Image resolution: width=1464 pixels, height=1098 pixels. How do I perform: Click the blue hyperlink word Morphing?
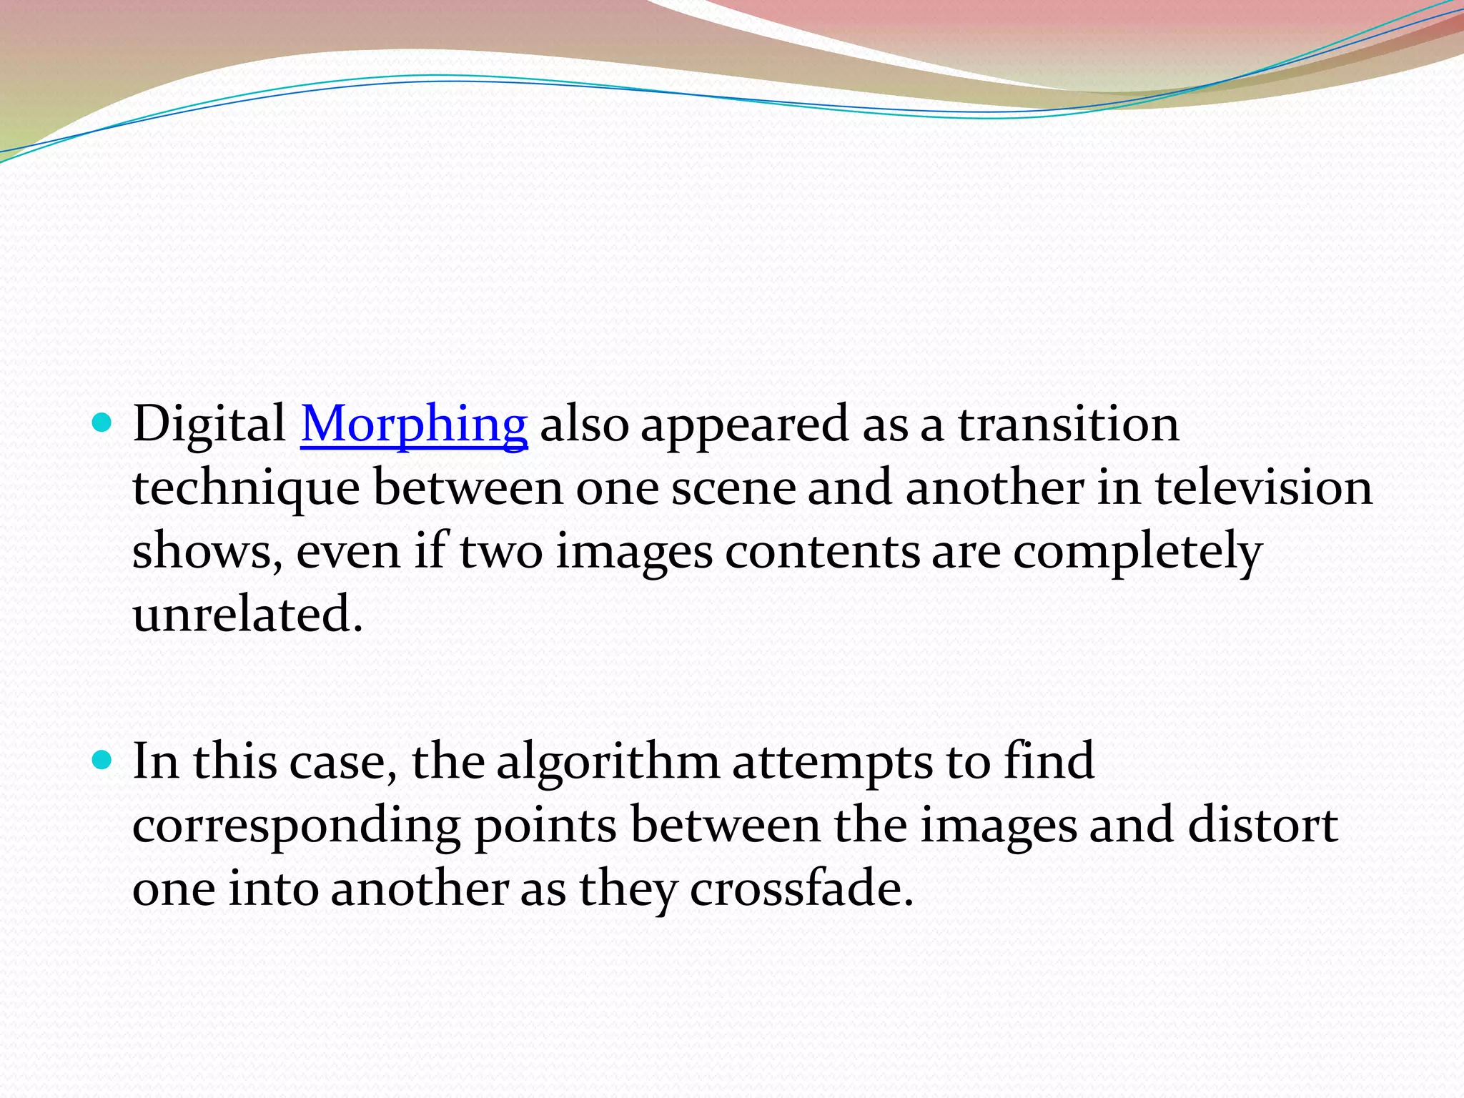[x=414, y=425]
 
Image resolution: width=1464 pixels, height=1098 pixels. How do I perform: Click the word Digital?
[x=209, y=425]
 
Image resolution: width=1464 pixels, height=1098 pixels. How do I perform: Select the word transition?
[x=1068, y=425]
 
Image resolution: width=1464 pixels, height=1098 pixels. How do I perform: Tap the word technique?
[x=246, y=489]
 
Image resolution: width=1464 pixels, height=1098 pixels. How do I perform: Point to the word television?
[x=1263, y=488]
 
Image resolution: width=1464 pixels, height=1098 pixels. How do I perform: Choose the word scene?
[x=733, y=489]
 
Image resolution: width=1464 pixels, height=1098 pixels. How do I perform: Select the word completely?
[x=1137, y=553]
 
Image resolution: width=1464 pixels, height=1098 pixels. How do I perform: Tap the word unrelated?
[x=247, y=614]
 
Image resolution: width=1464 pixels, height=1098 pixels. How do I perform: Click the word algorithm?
[x=608, y=761]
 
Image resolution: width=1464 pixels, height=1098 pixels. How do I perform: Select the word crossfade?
[x=801, y=889]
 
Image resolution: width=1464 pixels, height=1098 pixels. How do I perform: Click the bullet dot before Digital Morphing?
[x=103, y=423]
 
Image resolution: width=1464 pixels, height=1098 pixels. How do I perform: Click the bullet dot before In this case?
[x=103, y=760]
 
